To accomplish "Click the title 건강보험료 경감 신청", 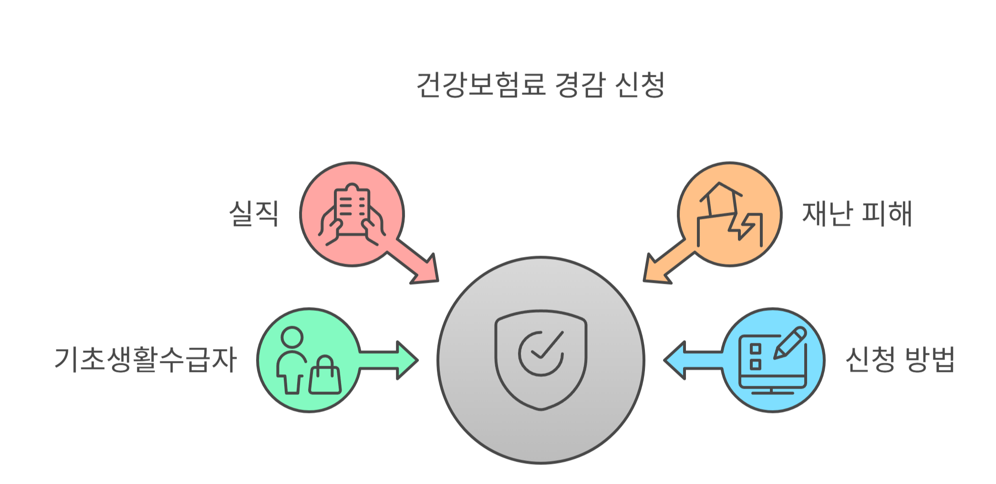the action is coord(540,85).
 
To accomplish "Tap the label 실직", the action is coord(254,213).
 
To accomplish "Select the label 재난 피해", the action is coord(857,213).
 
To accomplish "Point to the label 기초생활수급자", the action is coord(145,359).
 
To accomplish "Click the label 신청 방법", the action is coord(900,359).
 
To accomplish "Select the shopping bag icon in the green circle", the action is coord(325,377).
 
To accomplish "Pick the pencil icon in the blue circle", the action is coord(790,342).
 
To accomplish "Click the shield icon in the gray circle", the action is coord(541,360).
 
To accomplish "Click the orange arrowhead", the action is coord(655,272).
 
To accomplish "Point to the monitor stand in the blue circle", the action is coord(772,391).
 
